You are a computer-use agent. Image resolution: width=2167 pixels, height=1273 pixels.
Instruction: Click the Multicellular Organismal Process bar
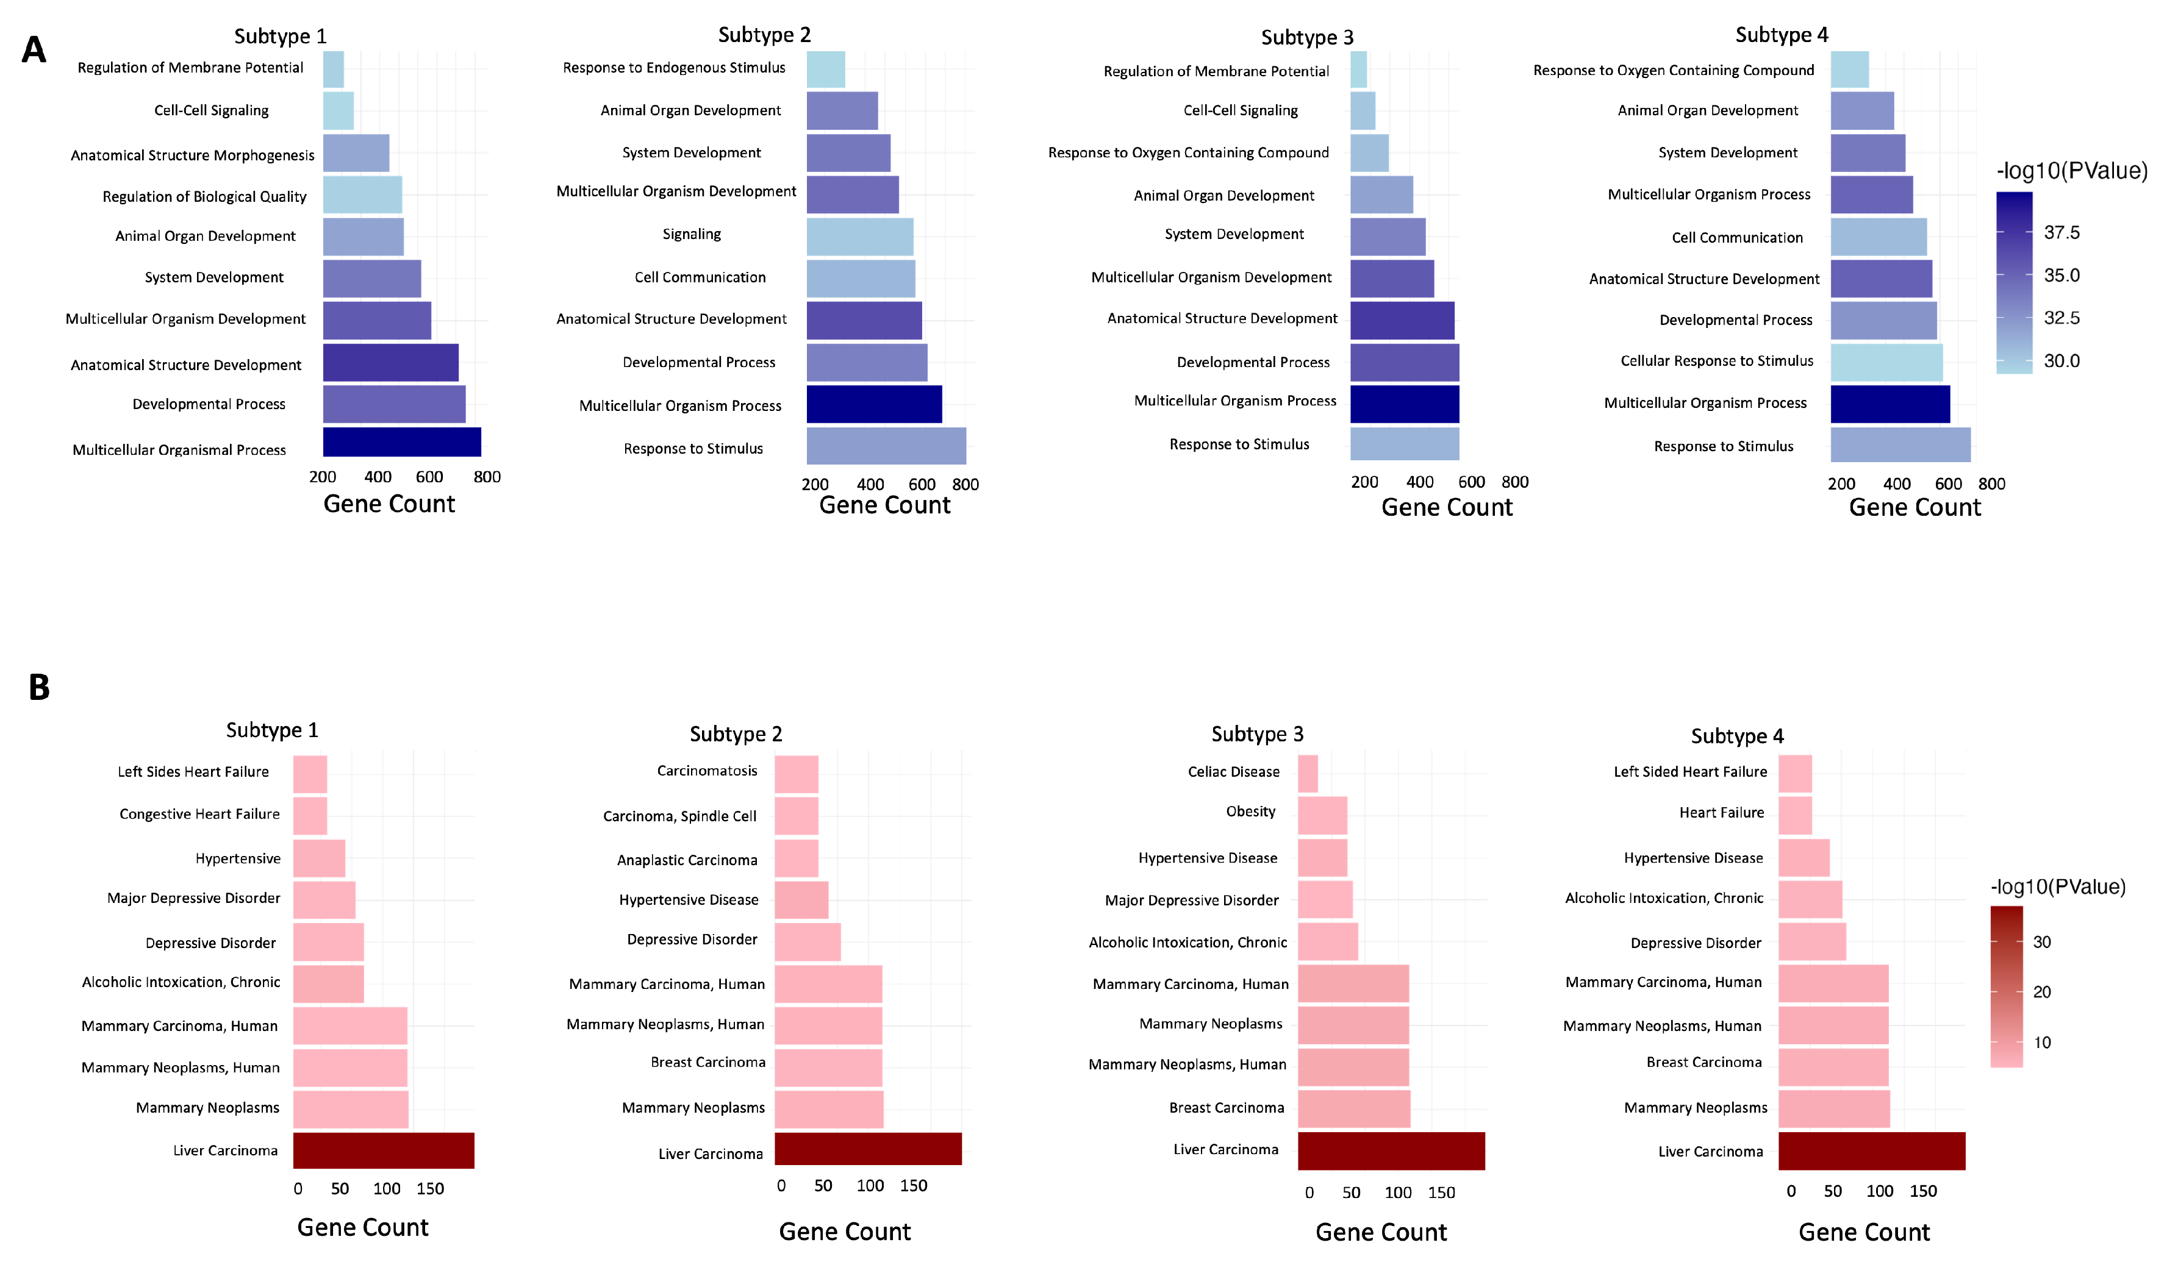tap(401, 442)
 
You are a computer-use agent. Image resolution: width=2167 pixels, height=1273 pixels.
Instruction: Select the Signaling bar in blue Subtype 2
tap(860, 237)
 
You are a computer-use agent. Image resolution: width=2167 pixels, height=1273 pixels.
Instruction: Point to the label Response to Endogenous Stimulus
tap(674, 68)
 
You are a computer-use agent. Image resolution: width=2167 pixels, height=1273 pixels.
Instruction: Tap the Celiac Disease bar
tap(1307, 774)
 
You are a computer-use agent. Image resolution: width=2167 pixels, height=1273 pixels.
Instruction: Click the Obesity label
tap(1250, 811)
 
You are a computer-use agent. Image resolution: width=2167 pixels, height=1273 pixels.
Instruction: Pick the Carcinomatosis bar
tap(797, 774)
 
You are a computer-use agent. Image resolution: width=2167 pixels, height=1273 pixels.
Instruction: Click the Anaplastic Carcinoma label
tap(687, 860)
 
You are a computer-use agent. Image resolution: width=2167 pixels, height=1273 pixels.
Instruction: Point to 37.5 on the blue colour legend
tap(2061, 233)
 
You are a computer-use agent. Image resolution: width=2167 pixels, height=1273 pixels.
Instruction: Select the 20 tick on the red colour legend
tap(2041, 992)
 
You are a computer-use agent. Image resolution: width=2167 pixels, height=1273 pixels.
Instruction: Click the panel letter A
tap(34, 50)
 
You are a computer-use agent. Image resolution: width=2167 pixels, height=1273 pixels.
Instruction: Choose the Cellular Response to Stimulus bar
tap(1886, 362)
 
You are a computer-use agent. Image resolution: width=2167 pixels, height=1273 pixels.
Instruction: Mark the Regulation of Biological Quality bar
tap(362, 194)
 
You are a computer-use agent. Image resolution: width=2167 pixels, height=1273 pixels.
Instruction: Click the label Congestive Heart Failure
tap(199, 814)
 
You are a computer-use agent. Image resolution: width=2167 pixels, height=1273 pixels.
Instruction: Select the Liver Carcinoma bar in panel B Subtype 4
tap(1871, 1151)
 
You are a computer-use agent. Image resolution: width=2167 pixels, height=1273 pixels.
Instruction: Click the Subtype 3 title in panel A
tap(1307, 37)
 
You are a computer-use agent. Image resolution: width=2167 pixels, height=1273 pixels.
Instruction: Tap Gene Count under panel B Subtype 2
tap(845, 1232)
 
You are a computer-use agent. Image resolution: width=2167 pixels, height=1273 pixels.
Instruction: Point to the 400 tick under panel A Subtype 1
tap(378, 477)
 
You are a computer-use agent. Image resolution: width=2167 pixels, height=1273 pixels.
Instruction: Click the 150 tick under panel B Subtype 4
tap(1923, 1191)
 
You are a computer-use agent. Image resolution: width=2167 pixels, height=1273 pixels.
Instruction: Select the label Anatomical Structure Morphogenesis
tap(193, 155)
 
